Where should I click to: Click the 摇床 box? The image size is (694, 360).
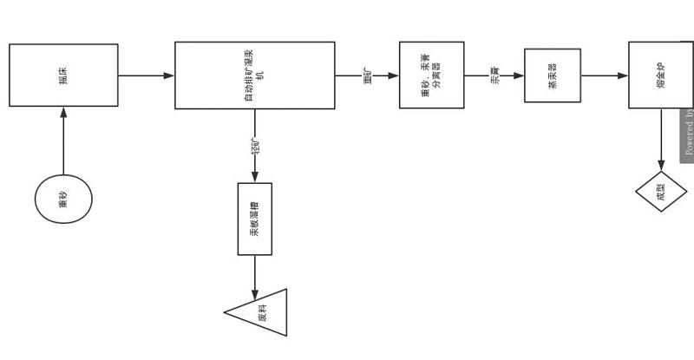click(x=63, y=75)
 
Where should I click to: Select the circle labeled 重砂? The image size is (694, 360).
click(x=63, y=200)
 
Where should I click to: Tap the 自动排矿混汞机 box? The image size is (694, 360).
click(x=254, y=75)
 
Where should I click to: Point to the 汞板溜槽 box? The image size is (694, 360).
click(x=255, y=219)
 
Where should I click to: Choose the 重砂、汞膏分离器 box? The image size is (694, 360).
click(x=431, y=75)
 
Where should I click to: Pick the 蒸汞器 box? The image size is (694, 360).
click(x=553, y=75)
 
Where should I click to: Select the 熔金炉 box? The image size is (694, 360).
click(x=660, y=75)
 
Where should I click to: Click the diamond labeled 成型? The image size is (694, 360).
click(x=661, y=192)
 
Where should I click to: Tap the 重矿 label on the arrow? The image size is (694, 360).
click(x=367, y=75)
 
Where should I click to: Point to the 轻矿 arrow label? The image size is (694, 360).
click(x=255, y=147)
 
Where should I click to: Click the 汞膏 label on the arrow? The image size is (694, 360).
click(x=495, y=75)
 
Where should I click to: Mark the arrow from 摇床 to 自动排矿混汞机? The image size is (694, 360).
click(x=146, y=75)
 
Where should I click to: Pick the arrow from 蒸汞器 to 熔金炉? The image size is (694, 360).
click(x=605, y=75)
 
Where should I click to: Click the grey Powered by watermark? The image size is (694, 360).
click(x=687, y=134)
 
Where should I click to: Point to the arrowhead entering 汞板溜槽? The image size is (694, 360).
click(x=255, y=177)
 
